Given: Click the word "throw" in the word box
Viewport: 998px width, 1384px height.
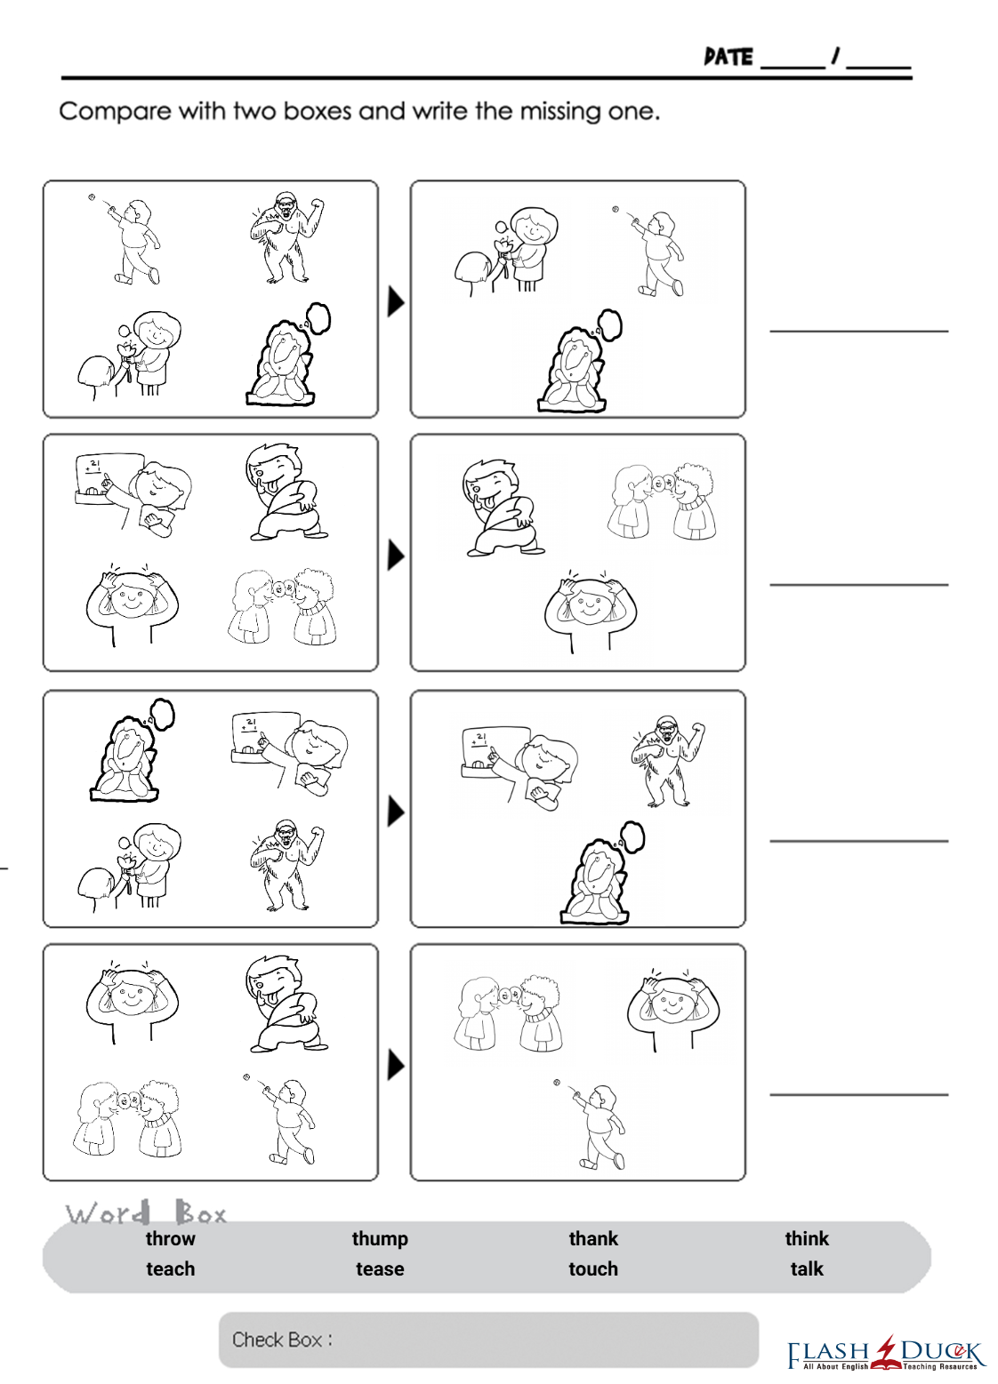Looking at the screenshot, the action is pyautogui.click(x=171, y=1239).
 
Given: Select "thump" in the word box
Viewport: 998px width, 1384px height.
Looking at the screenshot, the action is pyautogui.click(x=380, y=1239).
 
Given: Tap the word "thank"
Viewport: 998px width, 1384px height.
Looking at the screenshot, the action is pyautogui.click(x=593, y=1239).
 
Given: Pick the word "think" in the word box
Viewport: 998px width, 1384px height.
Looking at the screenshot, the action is pyautogui.click(x=807, y=1239).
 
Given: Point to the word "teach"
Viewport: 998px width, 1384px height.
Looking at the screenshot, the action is pyautogui.click(x=171, y=1269).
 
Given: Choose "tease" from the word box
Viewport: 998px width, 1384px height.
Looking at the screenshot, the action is pyautogui.click(x=380, y=1269).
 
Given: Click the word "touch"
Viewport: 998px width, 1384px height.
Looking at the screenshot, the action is pyautogui.click(x=593, y=1269).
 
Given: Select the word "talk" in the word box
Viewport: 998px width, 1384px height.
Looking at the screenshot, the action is pyautogui.click(x=807, y=1269).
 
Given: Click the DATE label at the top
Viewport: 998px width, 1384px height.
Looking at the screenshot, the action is pyautogui.click(x=728, y=58).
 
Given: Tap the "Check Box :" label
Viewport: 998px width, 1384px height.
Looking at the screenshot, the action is pyautogui.click(x=282, y=1340).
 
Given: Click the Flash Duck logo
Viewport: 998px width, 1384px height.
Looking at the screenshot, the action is pyautogui.click(x=885, y=1353).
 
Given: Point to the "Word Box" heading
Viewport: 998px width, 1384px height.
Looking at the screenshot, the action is pyautogui.click(x=146, y=1214).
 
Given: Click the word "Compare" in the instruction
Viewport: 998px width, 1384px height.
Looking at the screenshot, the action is pyautogui.click(x=116, y=112).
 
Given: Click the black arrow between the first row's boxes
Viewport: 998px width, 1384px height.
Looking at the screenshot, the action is pyautogui.click(x=396, y=301).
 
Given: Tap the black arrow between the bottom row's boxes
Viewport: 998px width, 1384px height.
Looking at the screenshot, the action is pyautogui.click(x=396, y=1066).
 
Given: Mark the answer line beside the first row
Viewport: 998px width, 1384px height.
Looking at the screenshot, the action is pyautogui.click(x=859, y=332).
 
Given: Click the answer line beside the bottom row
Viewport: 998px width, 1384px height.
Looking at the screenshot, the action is pyautogui.click(x=859, y=1095).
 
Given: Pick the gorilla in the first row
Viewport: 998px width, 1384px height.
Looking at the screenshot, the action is pyautogui.click(x=287, y=237).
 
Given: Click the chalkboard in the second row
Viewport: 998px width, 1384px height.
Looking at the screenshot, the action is pyautogui.click(x=109, y=479).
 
